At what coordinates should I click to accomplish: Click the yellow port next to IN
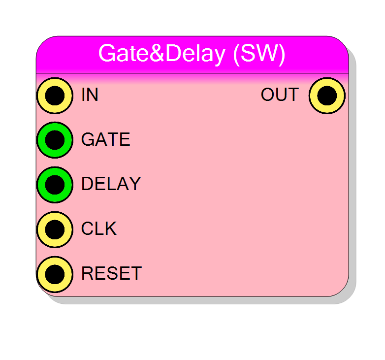55,96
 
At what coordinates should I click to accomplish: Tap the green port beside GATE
55,140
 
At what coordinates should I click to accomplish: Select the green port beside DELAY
55,185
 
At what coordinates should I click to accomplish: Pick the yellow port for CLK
55,229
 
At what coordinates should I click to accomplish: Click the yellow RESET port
55,274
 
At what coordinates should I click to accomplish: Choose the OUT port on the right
327,96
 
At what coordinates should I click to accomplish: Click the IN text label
90,95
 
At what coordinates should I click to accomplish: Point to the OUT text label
280,95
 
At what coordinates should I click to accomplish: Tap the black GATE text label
106,139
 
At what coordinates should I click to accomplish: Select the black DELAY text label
111,184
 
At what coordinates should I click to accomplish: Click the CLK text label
99,229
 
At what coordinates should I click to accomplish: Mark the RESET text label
112,273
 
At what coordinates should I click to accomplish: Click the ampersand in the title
157,53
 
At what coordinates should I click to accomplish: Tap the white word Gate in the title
124,53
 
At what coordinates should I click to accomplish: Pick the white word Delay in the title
195,55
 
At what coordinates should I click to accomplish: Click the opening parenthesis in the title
236,55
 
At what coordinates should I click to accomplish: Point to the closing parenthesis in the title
282,55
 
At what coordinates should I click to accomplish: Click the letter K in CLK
111,229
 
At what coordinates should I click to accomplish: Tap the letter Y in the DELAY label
135,184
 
